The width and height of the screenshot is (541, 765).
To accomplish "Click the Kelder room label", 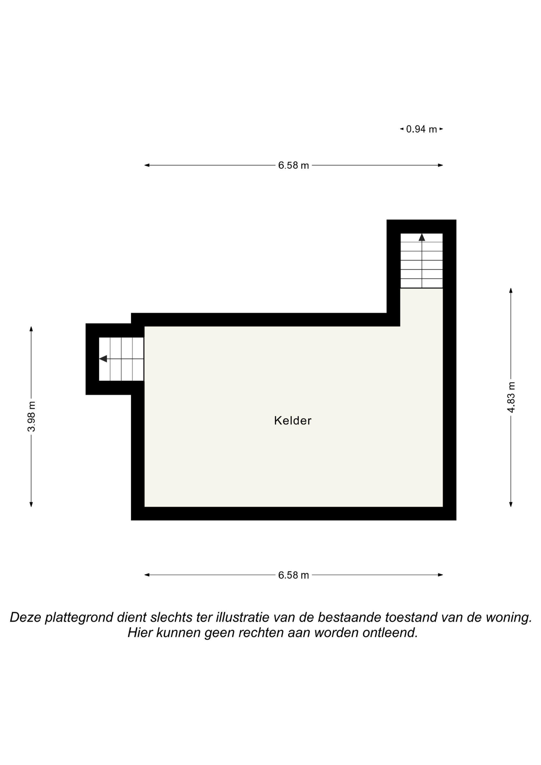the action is click(293, 420).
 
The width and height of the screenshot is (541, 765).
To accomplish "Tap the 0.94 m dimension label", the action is click(421, 129).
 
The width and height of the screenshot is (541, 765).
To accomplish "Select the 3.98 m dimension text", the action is click(31, 416).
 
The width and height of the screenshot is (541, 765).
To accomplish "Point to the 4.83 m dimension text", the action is click(511, 397).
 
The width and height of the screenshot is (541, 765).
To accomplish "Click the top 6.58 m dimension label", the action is click(293, 165).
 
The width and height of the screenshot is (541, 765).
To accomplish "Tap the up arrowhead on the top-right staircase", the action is click(422, 237).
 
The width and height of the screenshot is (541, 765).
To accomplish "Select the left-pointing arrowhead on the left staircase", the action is click(103, 359).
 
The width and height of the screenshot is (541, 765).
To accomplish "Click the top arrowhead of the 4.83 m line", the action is click(511, 290).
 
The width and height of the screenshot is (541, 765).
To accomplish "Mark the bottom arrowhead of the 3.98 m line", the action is click(31, 504).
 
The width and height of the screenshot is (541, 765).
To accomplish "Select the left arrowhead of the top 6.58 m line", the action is click(147, 165).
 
